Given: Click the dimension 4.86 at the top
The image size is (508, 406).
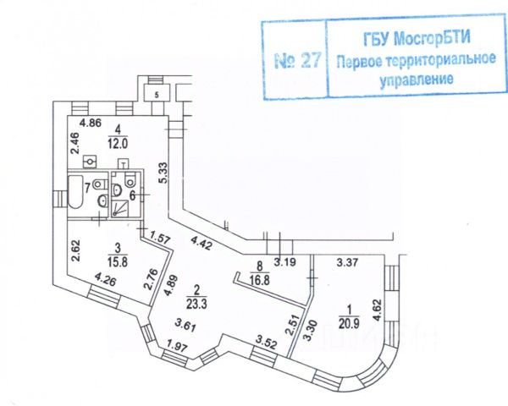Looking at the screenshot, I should (x=90, y=122).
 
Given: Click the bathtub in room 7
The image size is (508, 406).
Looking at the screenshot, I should (x=75, y=193).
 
